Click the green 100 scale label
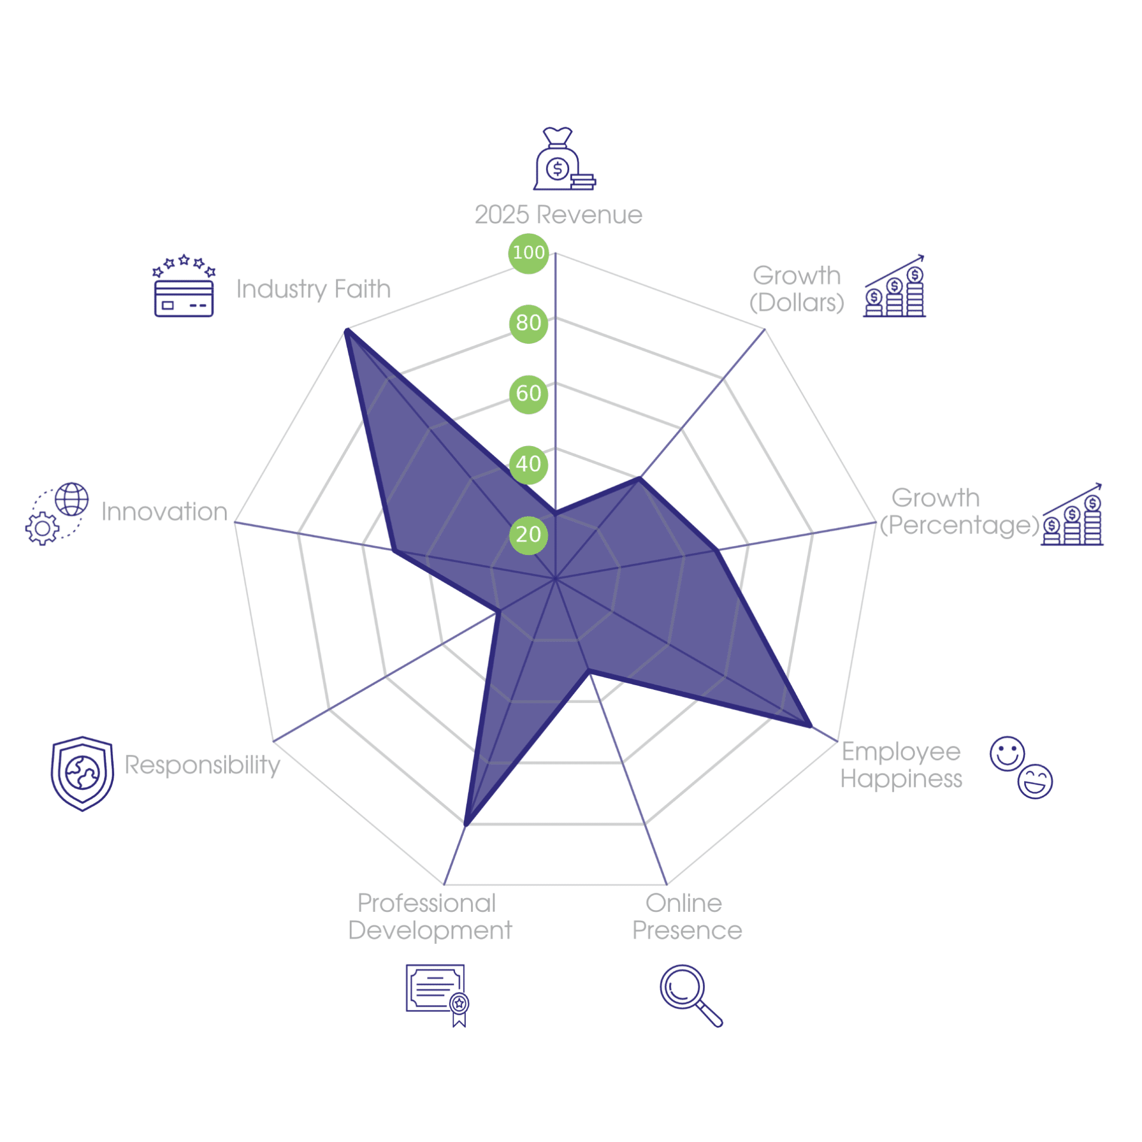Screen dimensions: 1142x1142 pos(528,253)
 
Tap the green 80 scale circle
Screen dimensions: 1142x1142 pos(528,324)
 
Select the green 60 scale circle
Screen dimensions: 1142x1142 pos(528,394)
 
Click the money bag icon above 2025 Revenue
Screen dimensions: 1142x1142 pos(564,159)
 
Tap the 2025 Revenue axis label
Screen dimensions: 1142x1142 pos(559,215)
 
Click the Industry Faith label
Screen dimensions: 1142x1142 pos(313,290)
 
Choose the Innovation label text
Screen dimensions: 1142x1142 pos(164,512)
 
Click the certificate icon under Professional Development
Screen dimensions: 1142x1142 pos(438,996)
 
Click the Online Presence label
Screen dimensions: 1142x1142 pos(687,917)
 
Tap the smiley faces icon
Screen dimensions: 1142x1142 pos(1021,768)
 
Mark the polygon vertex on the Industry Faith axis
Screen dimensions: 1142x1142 pos(347,330)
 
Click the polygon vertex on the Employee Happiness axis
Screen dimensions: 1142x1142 pos(810,726)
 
